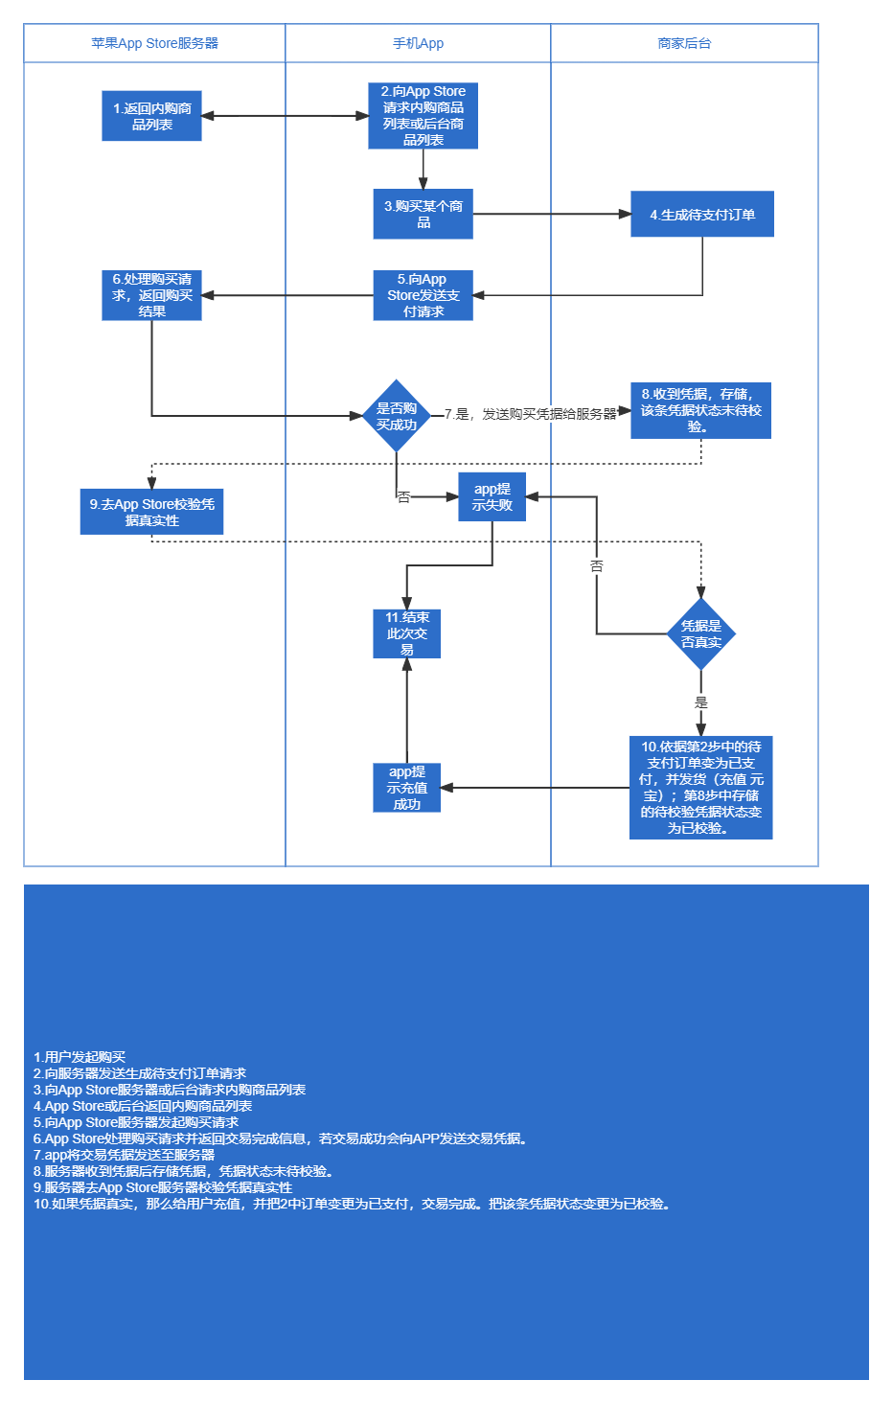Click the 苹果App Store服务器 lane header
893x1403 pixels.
click(154, 43)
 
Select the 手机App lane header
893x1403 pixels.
click(418, 43)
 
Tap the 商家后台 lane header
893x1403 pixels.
click(684, 43)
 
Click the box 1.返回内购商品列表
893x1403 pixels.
click(151, 116)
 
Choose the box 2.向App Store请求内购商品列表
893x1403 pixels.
click(423, 116)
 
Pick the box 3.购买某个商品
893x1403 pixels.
click(423, 214)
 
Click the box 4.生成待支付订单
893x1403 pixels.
click(702, 215)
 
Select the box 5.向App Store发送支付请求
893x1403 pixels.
click(423, 295)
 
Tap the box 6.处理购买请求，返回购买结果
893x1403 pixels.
click(151, 295)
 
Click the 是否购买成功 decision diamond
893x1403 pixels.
click(397, 416)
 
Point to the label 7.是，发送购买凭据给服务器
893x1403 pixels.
click(530, 414)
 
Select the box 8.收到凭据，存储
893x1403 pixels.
click(700, 410)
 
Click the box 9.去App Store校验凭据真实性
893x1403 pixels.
click(151, 512)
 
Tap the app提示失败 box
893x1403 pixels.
click(492, 496)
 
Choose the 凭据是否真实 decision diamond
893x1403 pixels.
click(700, 634)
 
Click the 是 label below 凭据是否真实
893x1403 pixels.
click(700, 702)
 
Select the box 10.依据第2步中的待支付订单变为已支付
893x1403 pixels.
click(700, 787)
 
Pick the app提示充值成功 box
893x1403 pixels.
click(406, 788)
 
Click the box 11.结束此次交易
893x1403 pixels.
click(406, 633)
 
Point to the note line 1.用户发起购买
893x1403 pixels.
click(80, 1057)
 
